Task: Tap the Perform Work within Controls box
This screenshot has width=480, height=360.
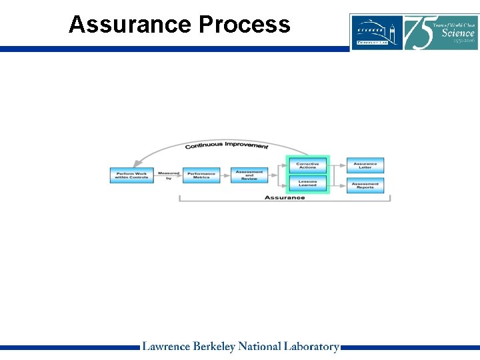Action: point(131,175)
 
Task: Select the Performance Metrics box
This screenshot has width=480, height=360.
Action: point(201,175)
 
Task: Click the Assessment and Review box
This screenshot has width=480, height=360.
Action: point(249,175)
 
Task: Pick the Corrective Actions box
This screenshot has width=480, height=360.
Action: point(307,165)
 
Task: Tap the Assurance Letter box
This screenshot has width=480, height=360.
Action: point(365,165)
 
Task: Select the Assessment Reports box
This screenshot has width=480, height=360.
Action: point(365,185)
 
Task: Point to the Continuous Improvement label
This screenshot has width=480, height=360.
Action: point(227,145)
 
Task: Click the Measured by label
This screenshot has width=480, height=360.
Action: point(169,175)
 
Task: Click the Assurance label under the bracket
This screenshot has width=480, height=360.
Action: point(285,197)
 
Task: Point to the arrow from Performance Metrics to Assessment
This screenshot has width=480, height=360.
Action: point(225,175)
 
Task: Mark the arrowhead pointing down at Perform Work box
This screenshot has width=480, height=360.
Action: point(136,164)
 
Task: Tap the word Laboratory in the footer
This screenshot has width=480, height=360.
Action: point(311,347)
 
